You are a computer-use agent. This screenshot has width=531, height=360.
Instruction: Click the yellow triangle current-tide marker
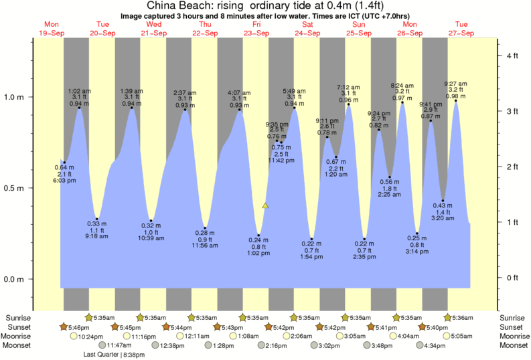pos(266,206)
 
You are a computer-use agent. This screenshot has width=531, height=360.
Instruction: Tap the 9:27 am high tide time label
pos(456,84)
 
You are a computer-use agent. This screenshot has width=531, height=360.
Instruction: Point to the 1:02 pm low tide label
pos(258,254)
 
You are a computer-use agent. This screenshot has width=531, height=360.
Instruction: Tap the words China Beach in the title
pos(171,5)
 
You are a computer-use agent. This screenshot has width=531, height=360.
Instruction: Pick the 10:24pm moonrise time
pos(92,337)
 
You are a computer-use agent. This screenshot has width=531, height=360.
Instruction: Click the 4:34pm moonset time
pos(435,346)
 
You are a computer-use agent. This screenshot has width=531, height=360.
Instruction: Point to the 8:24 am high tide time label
pos(402,85)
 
